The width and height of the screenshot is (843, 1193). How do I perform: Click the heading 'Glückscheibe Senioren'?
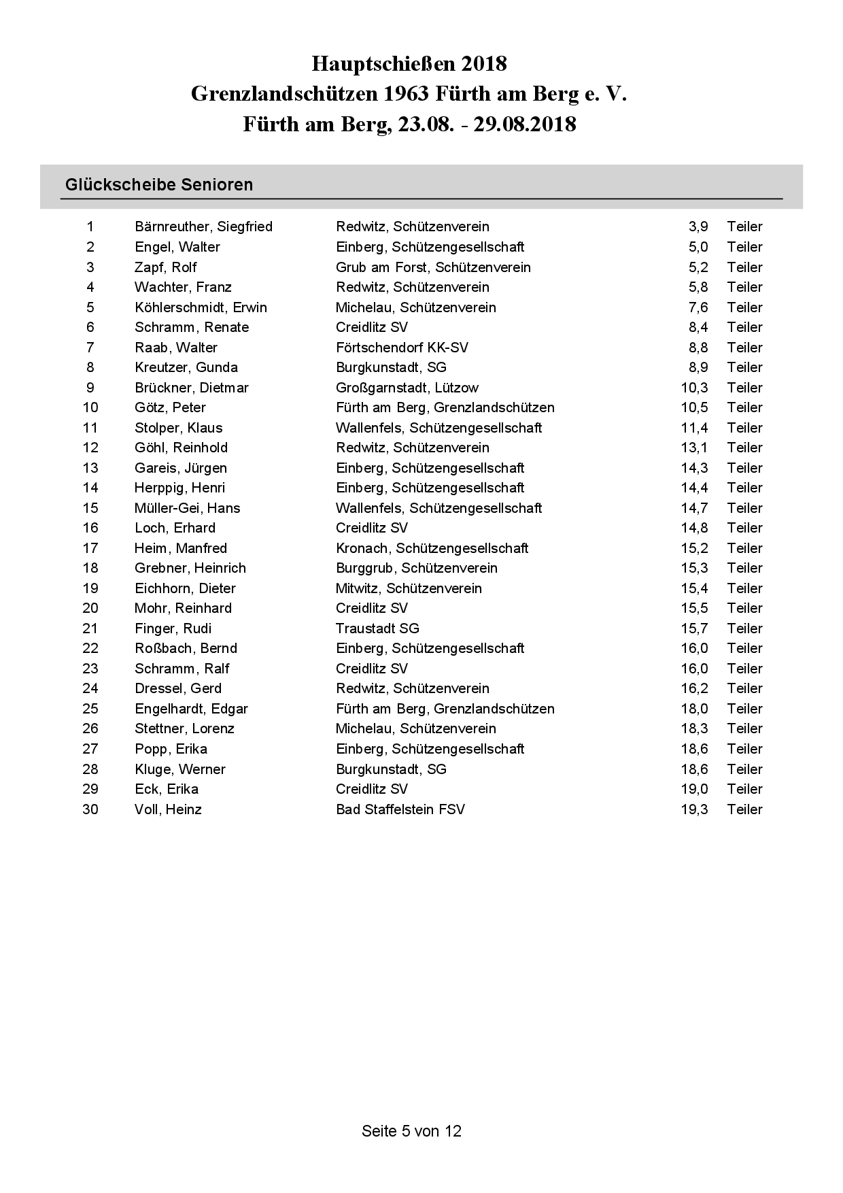point(159,185)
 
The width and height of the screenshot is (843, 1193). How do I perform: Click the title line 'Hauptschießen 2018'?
point(409,64)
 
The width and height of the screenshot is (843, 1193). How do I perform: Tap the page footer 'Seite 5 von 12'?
point(411,1131)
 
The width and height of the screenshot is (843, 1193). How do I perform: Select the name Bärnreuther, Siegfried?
point(203,226)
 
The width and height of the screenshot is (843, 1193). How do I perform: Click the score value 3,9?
point(698,226)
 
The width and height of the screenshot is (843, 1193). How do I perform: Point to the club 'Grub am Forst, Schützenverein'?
point(433,267)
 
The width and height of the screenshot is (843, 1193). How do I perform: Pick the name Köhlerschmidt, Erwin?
point(201,307)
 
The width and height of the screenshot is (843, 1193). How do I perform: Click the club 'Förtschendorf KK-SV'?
point(402,348)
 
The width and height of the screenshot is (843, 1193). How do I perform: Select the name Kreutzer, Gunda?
point(186,367)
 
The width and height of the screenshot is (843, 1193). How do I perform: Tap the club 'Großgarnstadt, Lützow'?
point(407,388)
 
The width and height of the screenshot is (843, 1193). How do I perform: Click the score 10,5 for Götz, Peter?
point(694,407)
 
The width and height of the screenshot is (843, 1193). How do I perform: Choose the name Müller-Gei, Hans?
point(188,508)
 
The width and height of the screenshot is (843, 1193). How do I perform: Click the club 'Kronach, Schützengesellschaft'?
point(432,548)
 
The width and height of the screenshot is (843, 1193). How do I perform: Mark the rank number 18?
point(90,568)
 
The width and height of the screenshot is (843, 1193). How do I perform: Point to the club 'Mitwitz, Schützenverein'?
point(409,588)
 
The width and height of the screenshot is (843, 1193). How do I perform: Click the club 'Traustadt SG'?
point(377,628)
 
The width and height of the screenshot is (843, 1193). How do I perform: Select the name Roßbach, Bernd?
point(186,648)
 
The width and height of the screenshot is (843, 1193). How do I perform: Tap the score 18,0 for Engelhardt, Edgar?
point(694,709)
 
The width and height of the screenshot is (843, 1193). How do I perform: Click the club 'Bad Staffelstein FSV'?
point(400,809)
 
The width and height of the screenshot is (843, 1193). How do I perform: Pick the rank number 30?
point(90,809)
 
